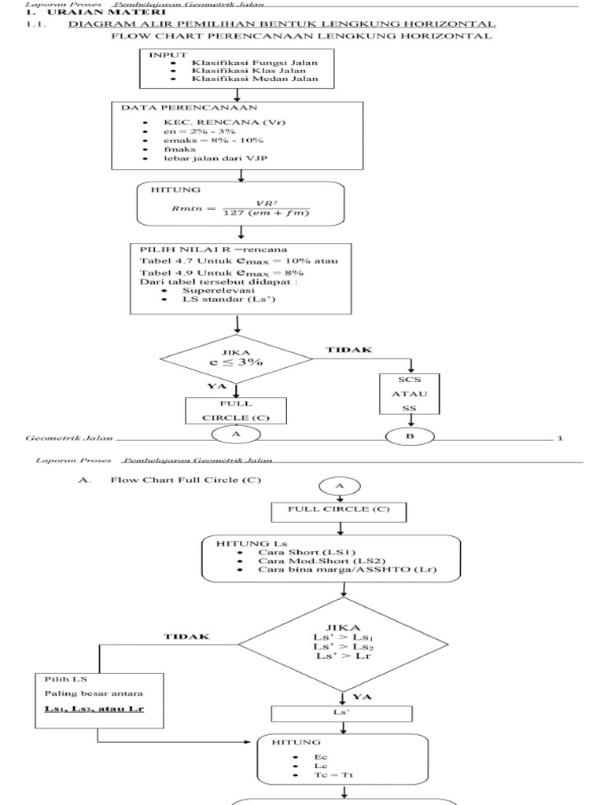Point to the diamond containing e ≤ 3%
[x=236, y=359]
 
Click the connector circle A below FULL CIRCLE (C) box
[x=235, y=434]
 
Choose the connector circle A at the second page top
[x=340, y=487]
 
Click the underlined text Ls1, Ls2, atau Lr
[x=99, y=710]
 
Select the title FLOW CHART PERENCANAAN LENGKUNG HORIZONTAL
[x=303, y=36]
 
